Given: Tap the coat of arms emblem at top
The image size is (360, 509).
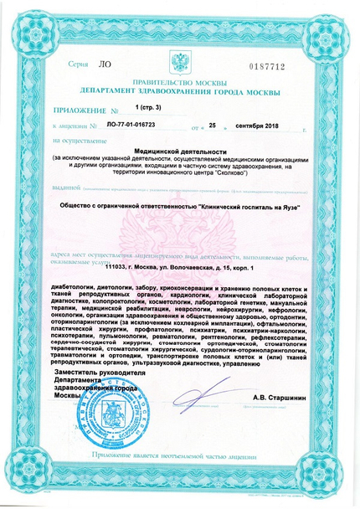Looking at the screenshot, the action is tap(181, 61).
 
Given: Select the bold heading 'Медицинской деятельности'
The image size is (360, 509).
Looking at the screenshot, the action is tap(180, 150).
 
